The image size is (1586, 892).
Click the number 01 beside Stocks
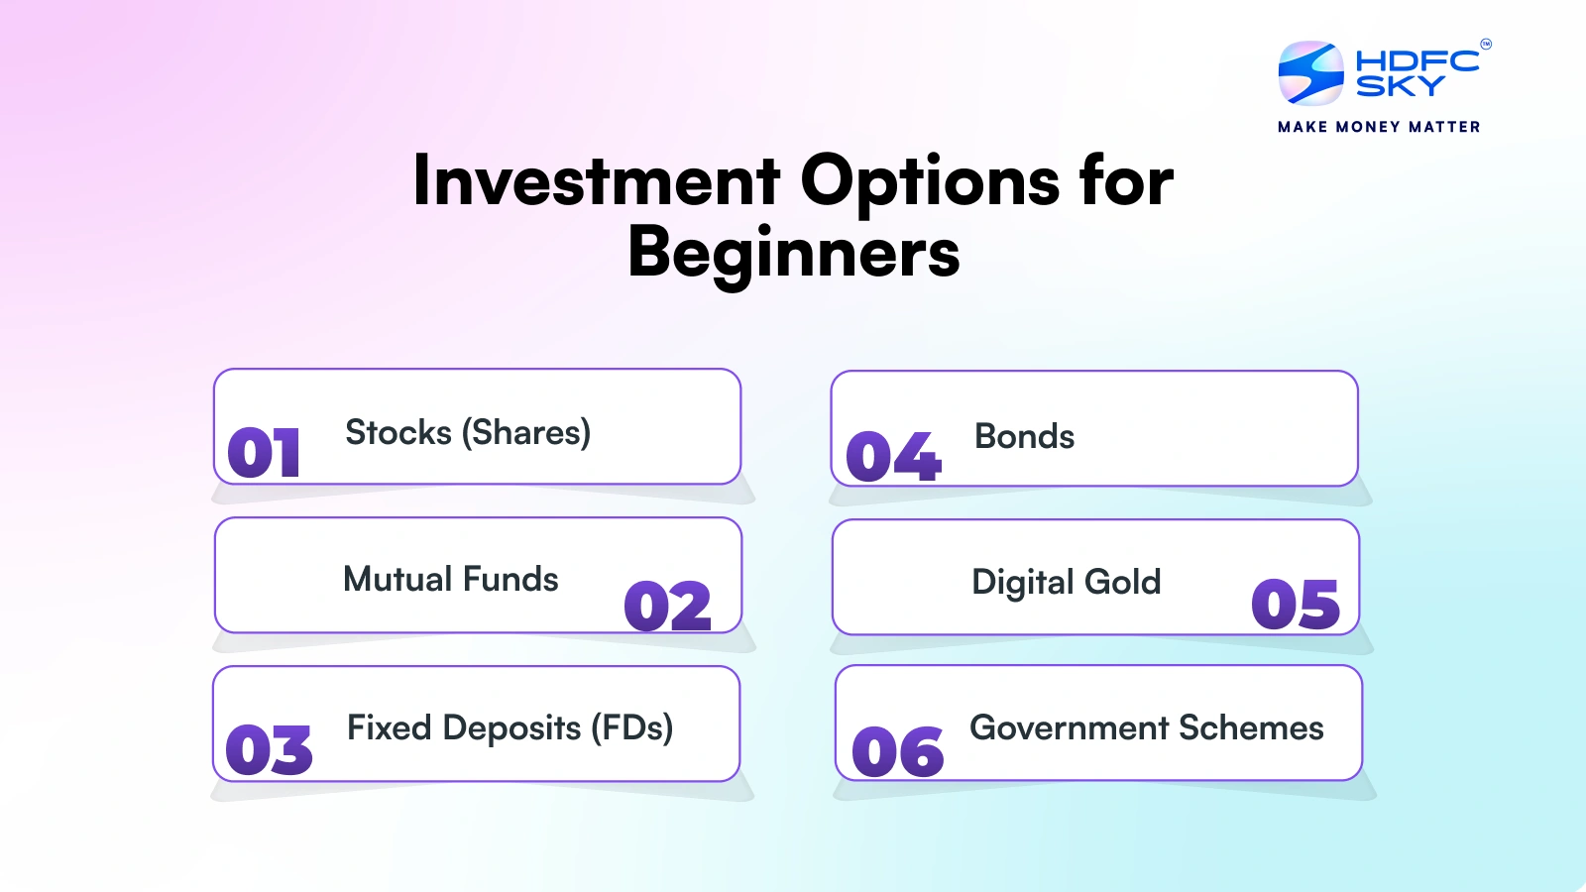(x=264, y=453)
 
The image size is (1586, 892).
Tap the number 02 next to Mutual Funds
(x=667, y=607)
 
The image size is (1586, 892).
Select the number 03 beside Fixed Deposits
(x=269, y=749)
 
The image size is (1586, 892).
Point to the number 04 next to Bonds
(x=892, y=457)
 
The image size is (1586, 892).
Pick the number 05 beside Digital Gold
(x=1295, y=605)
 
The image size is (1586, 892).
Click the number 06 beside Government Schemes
(x=897, y=752)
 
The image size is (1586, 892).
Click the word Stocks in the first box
(x=398, y=433)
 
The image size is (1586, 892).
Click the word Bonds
(x=1024, y=436)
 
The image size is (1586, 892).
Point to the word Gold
(x=1122, y=582)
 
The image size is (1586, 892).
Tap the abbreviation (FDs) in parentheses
(x=631, y=727)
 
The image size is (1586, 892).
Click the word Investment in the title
(x=597, y=181)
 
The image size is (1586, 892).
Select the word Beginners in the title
(x=793, y=253)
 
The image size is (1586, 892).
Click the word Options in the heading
(x=930, y=181)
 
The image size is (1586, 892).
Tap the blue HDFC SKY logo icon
(x=1310, y=73)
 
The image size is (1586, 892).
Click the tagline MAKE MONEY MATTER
(x=1379, y=127)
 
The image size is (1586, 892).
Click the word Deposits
(x=511, y=727)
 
